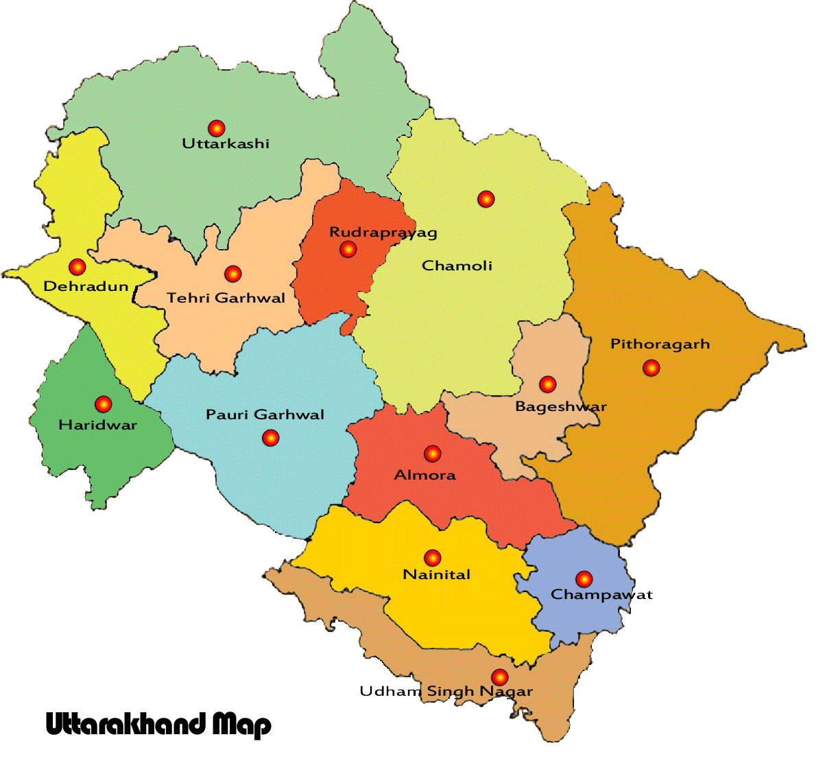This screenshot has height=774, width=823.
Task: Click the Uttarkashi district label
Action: coord(225,143)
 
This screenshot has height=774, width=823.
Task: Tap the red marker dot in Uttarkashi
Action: coord(217,128)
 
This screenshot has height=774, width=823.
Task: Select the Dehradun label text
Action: coord(86,286)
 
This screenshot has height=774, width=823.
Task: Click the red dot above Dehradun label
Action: coord(77,266)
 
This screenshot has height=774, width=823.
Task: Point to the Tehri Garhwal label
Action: coord(226,298)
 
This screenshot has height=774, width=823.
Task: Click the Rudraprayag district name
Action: coord(383,233)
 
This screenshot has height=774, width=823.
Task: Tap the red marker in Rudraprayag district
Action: coord(348,249)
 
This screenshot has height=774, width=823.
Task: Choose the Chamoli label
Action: coord(457,266)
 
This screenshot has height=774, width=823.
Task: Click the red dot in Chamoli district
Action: coord(486,199)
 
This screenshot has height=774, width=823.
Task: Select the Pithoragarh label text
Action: coord(660,344)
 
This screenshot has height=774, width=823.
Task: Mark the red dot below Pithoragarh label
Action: coord(651,368)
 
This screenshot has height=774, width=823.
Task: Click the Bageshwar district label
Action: coord(560,406)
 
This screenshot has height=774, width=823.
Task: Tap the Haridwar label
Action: coord(97,425)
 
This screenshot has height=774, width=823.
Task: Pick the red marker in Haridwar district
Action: coord(104,403)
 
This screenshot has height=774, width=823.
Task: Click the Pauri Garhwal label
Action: coord(265,414)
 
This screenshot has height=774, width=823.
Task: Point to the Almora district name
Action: coord(425,475)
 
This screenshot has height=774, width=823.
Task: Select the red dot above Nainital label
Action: coord(432,557)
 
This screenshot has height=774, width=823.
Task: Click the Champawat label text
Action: coord(601,595)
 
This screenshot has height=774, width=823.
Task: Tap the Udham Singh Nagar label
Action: coord(446,692)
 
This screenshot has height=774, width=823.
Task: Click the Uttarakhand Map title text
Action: coord(158,725)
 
